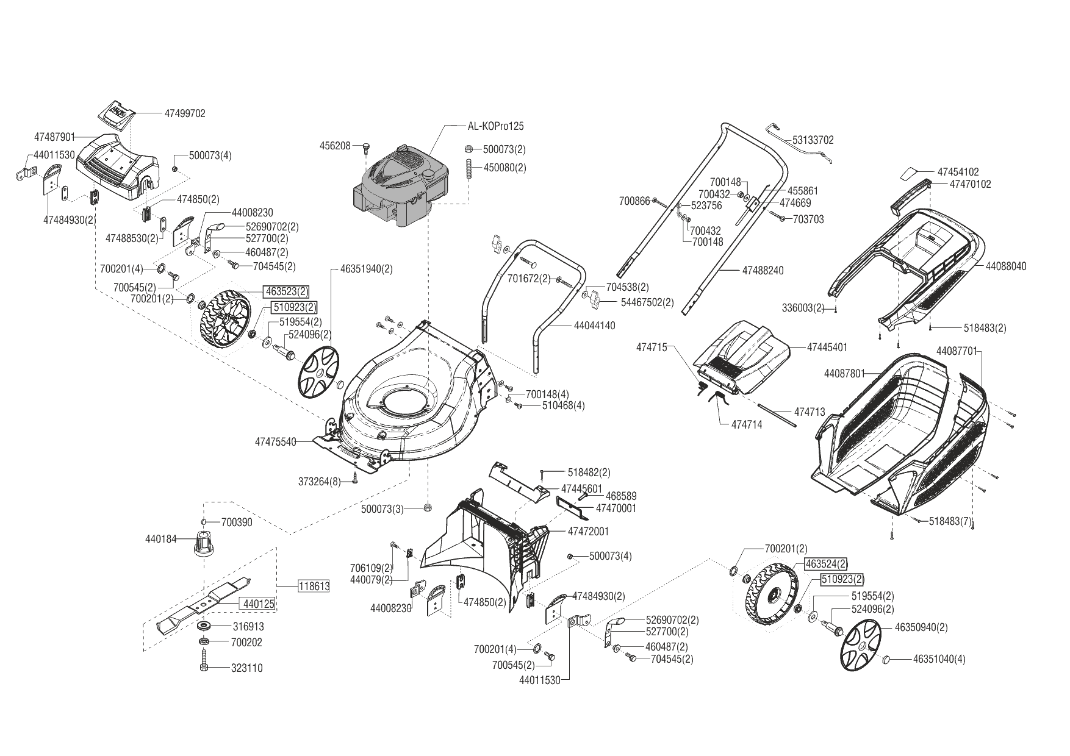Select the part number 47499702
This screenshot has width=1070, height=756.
[185, 113]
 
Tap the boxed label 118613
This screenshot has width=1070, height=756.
[314, 587]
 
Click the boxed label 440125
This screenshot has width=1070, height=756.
[259, 604]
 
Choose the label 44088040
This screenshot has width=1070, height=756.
[1006, 266]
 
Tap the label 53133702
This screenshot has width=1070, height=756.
[813, 140]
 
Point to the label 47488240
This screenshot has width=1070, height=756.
[763, 270]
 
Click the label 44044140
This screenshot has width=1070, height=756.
[594, 326]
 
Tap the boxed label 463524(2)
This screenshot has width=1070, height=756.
[825, 563]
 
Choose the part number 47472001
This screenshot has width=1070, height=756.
[588, 531]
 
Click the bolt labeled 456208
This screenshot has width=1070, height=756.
[364, 147]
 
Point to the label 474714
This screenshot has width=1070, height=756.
[746, 424]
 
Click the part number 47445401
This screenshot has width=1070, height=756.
[827, 348]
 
